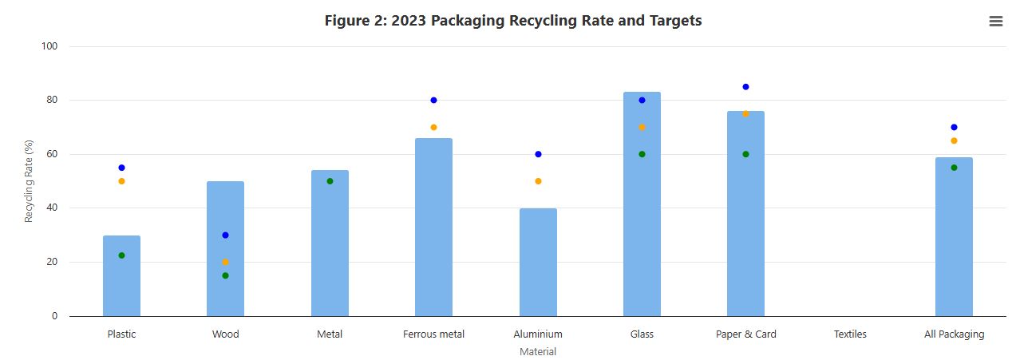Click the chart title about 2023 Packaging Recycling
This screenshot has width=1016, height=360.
(x=513, y=21)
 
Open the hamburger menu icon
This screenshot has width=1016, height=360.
(x=995, y=22)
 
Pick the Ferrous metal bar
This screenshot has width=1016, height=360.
(x=433, y=227)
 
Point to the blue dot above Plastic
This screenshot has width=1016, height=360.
(x=121, y=168)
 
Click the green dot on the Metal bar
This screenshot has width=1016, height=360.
(x=330, y=181)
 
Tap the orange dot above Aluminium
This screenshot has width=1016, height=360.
(x=538, y=181)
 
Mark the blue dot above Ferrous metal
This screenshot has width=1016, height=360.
(x=433, y=101)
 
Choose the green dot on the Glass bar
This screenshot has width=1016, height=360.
(x=642, y=154)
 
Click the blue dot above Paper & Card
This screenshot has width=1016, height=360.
(x=745, y=87)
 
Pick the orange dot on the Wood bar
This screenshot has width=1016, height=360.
(x=225, y=262)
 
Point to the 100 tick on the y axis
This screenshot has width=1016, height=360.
(x=49, y=46)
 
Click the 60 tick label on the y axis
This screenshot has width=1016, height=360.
(x=52, y=154)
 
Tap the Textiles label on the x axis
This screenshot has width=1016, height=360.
(x=850, y=334)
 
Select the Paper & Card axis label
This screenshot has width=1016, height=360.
(x=745, y=334)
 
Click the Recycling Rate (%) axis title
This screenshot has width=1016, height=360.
(x=29, y=181)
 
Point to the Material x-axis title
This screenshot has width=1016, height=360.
(x=538, y=351)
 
